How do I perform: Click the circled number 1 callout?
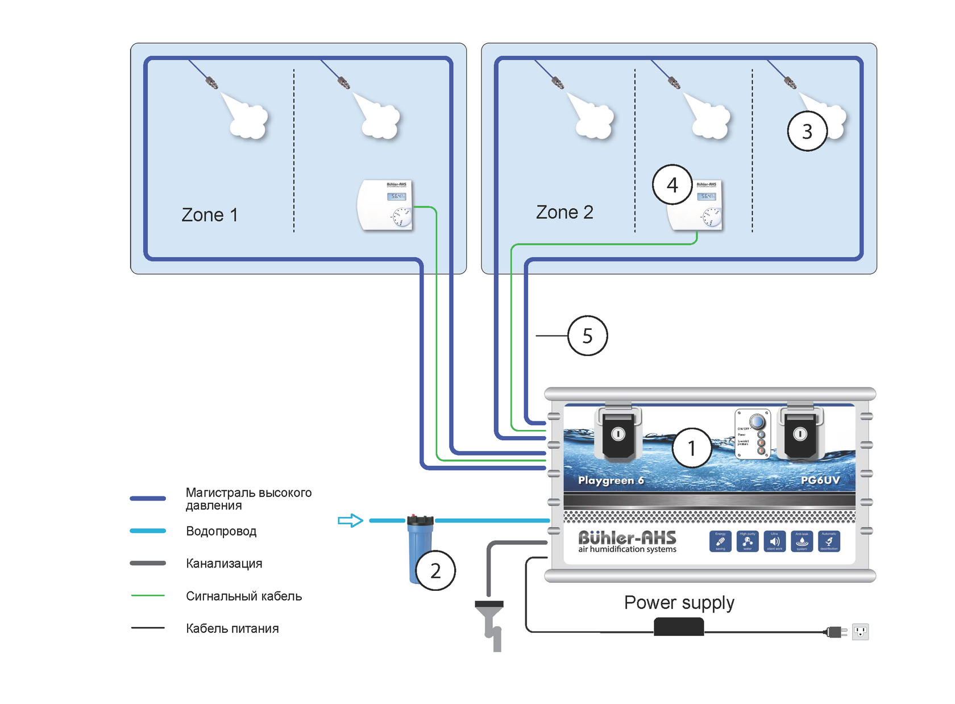tap(691, 448)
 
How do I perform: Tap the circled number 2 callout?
tap(435, 570)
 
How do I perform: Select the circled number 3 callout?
tap(807, 131)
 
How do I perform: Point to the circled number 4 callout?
tap(672, 185)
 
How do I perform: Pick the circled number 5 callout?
tap(587, 336)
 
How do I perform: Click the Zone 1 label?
tap(209, 215)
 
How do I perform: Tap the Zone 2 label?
tap(564, 212)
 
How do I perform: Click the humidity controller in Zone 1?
tap(385, 205)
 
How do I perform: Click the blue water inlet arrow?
tap(350, 520)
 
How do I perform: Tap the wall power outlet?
tap(860, 631)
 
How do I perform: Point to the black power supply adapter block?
tap(679, 627)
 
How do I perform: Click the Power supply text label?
tap(679, 603)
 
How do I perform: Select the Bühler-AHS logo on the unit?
tap(627, 541)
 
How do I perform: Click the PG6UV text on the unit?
tap(820, 480)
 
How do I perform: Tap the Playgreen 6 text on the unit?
tap(611, 481)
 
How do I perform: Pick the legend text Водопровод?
tap(221, 531)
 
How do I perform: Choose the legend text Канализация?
tap(224, 564)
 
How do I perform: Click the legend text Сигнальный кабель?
tap(244, 596)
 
